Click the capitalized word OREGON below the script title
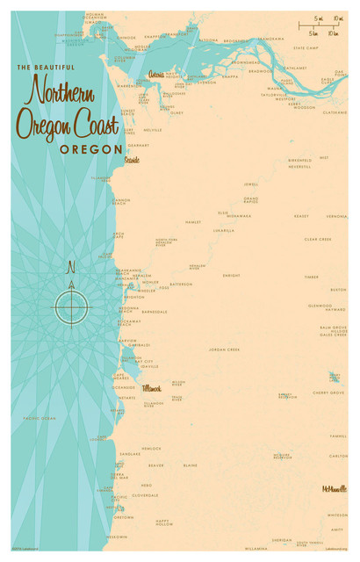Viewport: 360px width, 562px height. pyautogui.click(x=90, y=149)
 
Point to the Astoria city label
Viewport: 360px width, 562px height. pyautogui.click(x=156, y=75)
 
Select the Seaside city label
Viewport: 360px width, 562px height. pyautogui.click(x=132, y=161)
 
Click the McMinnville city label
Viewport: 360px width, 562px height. pyautogui.click(x=334, y=487)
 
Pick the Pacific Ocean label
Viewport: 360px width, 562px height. pyautogui.click(x=40, y=418)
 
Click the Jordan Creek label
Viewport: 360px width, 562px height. pyautogui.click(x=224, y=349)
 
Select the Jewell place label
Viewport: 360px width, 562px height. pyautogui.click(x=251, y=184)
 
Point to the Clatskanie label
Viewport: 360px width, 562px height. pyautogui.click(x=335, y=112)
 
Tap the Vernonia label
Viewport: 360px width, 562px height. pyautogui.click(x=336, y=215)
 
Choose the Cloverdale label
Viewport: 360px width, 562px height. pyautogui.click(x=145, y=495)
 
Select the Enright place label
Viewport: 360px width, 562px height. pyautogui.click(x=231, y=275)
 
